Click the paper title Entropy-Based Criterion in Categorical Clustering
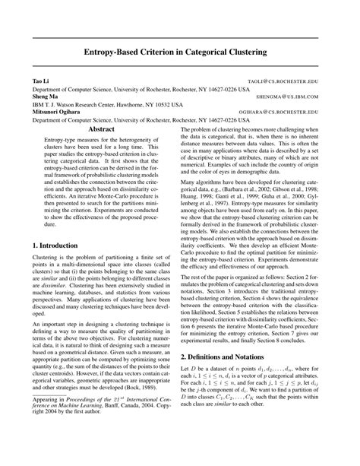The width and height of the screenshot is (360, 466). tap(180, 52)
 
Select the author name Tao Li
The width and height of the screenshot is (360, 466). tap(39, 80)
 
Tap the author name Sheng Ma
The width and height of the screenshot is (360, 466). tap(43, 97)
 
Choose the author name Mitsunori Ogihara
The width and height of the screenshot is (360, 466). tap(57, 113)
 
